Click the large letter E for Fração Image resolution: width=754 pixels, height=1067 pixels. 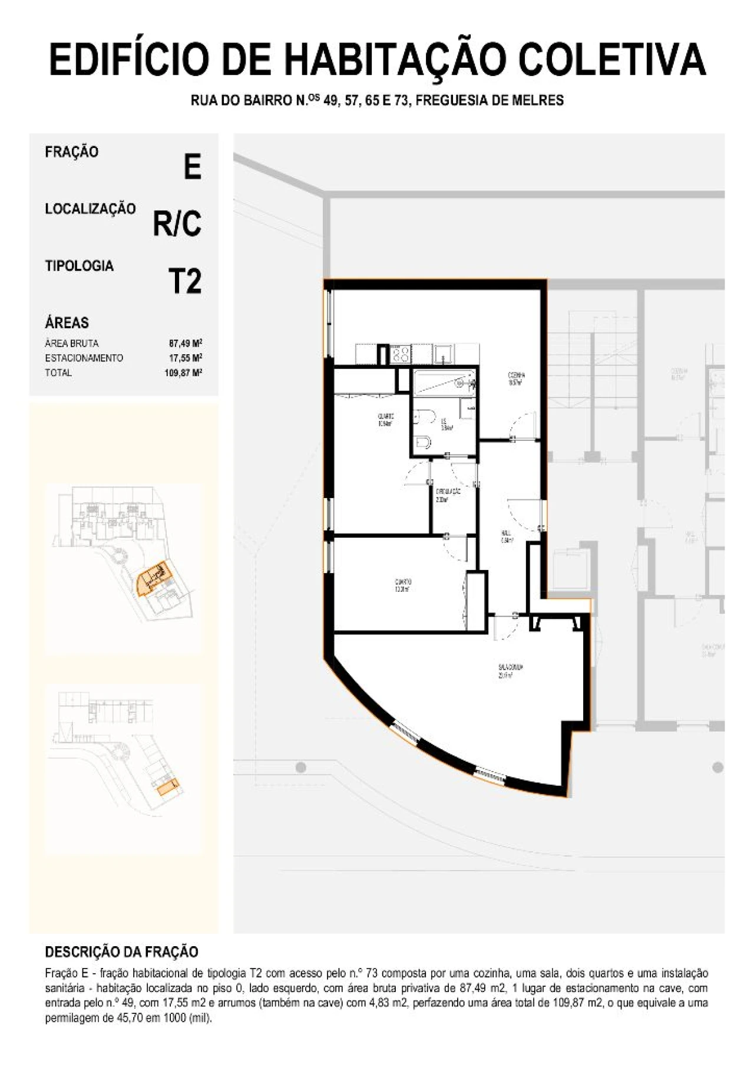tap(192, 167)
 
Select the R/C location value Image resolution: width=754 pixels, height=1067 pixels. tap(177, 223)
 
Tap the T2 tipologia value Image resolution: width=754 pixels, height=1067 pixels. tap(184, 281)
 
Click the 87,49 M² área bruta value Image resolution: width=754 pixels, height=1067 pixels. tap(186, 343)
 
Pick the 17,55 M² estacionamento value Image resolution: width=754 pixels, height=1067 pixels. tap(186, 358)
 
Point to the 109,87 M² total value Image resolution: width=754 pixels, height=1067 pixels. tap(183, 373)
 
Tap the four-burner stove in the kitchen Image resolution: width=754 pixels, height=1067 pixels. tap(401, 354)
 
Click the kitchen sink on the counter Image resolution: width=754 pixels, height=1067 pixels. tap(443, 354)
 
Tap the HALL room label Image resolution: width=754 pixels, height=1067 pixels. tap(506, 536)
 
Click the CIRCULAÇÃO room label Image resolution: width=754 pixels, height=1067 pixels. tap(448, 495)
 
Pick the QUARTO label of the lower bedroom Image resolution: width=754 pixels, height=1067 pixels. tap(403, 585)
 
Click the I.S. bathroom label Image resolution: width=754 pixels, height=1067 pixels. tap(446, 424)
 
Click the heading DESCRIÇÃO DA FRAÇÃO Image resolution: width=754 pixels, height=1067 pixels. tap(121, 951)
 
